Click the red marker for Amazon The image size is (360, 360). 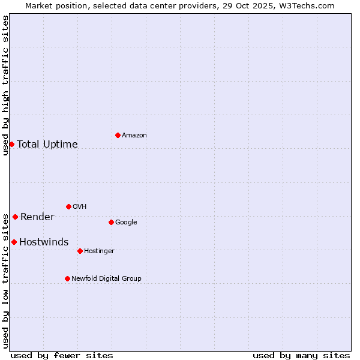click(x=118, y=135)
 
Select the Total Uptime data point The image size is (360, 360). click(x=11, y=144)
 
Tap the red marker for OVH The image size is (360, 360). click(x=68, y=206)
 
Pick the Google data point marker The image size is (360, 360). click(x=111, y=222)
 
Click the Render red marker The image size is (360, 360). click(x=15, y=217)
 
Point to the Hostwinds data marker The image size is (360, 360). click(x=14, y=242)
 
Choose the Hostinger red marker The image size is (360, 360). click(x=80, y=251)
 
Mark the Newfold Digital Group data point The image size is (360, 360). click(x=67, y=278)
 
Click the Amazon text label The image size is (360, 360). click(x=134, y=136)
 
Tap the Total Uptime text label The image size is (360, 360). click(x=47, y=144)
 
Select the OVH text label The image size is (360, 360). click(x=80, y=207)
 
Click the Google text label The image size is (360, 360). click(x=126, y=223)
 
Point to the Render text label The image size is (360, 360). click(x=37, y=217)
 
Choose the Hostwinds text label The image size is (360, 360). click(x=44, y=242)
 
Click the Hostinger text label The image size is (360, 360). click(x=99, y=251)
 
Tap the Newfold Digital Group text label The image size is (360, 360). click(x=106, y=279)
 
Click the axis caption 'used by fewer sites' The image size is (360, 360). click(x=62, y=355)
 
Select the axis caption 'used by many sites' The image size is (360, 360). click(x=301, y=355)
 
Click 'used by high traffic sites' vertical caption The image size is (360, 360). click(x=5, y=85)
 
